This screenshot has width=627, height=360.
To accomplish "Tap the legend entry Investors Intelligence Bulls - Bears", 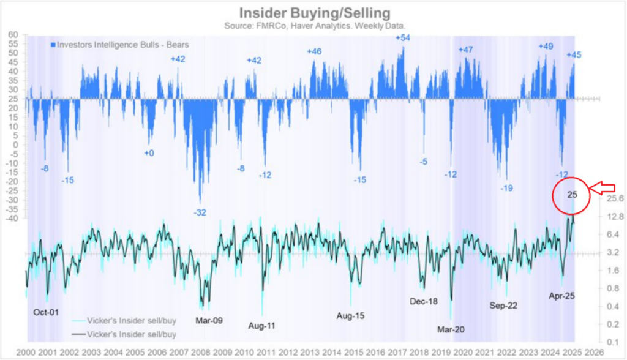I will click(x=120, y=45).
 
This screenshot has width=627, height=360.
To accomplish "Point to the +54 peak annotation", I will click(x=403, y=38).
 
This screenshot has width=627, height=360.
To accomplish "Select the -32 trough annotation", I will click(x=200, y=212).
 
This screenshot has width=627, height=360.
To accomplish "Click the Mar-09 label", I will click(x=208, y=319).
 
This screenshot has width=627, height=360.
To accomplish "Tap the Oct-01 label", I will click(x=46, y=312).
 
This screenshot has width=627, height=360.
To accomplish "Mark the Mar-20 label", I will click(x=451, y=329).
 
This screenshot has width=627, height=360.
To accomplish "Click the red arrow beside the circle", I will click(x=603, y=186).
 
